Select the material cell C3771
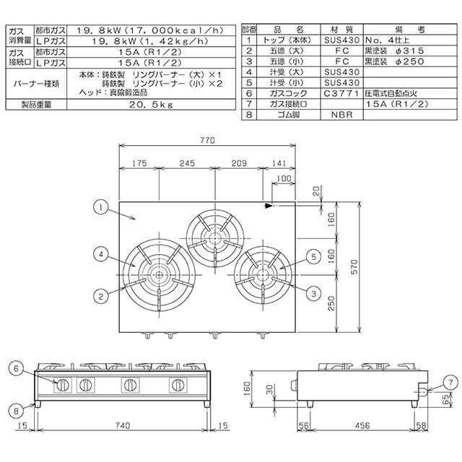click(339, 93)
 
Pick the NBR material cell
click(339, 114)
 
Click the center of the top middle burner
click(214, 237)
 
